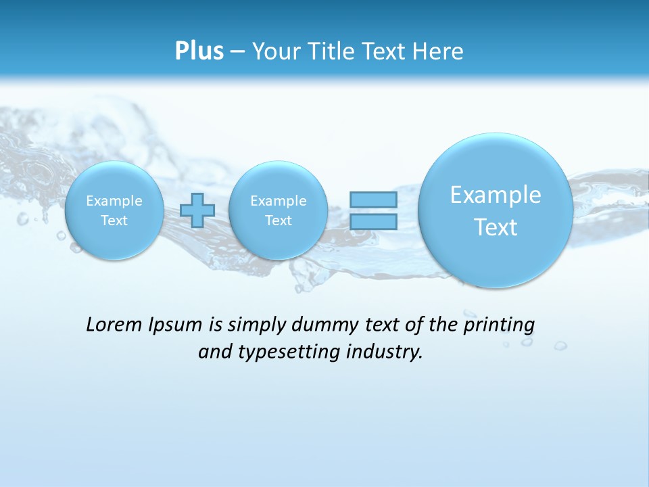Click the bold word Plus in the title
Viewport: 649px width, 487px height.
coord(199,51)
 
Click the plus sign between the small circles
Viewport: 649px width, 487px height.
coord(197,210)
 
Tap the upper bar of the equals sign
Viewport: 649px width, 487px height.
coord(373,200)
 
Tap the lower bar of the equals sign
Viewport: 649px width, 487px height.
coord(373,221)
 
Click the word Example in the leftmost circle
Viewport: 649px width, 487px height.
coord(114,201)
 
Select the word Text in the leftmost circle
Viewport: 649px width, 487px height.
coord(114,221)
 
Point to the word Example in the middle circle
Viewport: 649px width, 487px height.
coord(279,201)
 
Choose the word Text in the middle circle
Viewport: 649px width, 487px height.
coord(279,221)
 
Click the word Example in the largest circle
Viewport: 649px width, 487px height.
coord(496,195)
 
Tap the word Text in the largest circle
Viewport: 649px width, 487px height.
coord(496,227)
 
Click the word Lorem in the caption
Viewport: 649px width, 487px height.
coord(111,325)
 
